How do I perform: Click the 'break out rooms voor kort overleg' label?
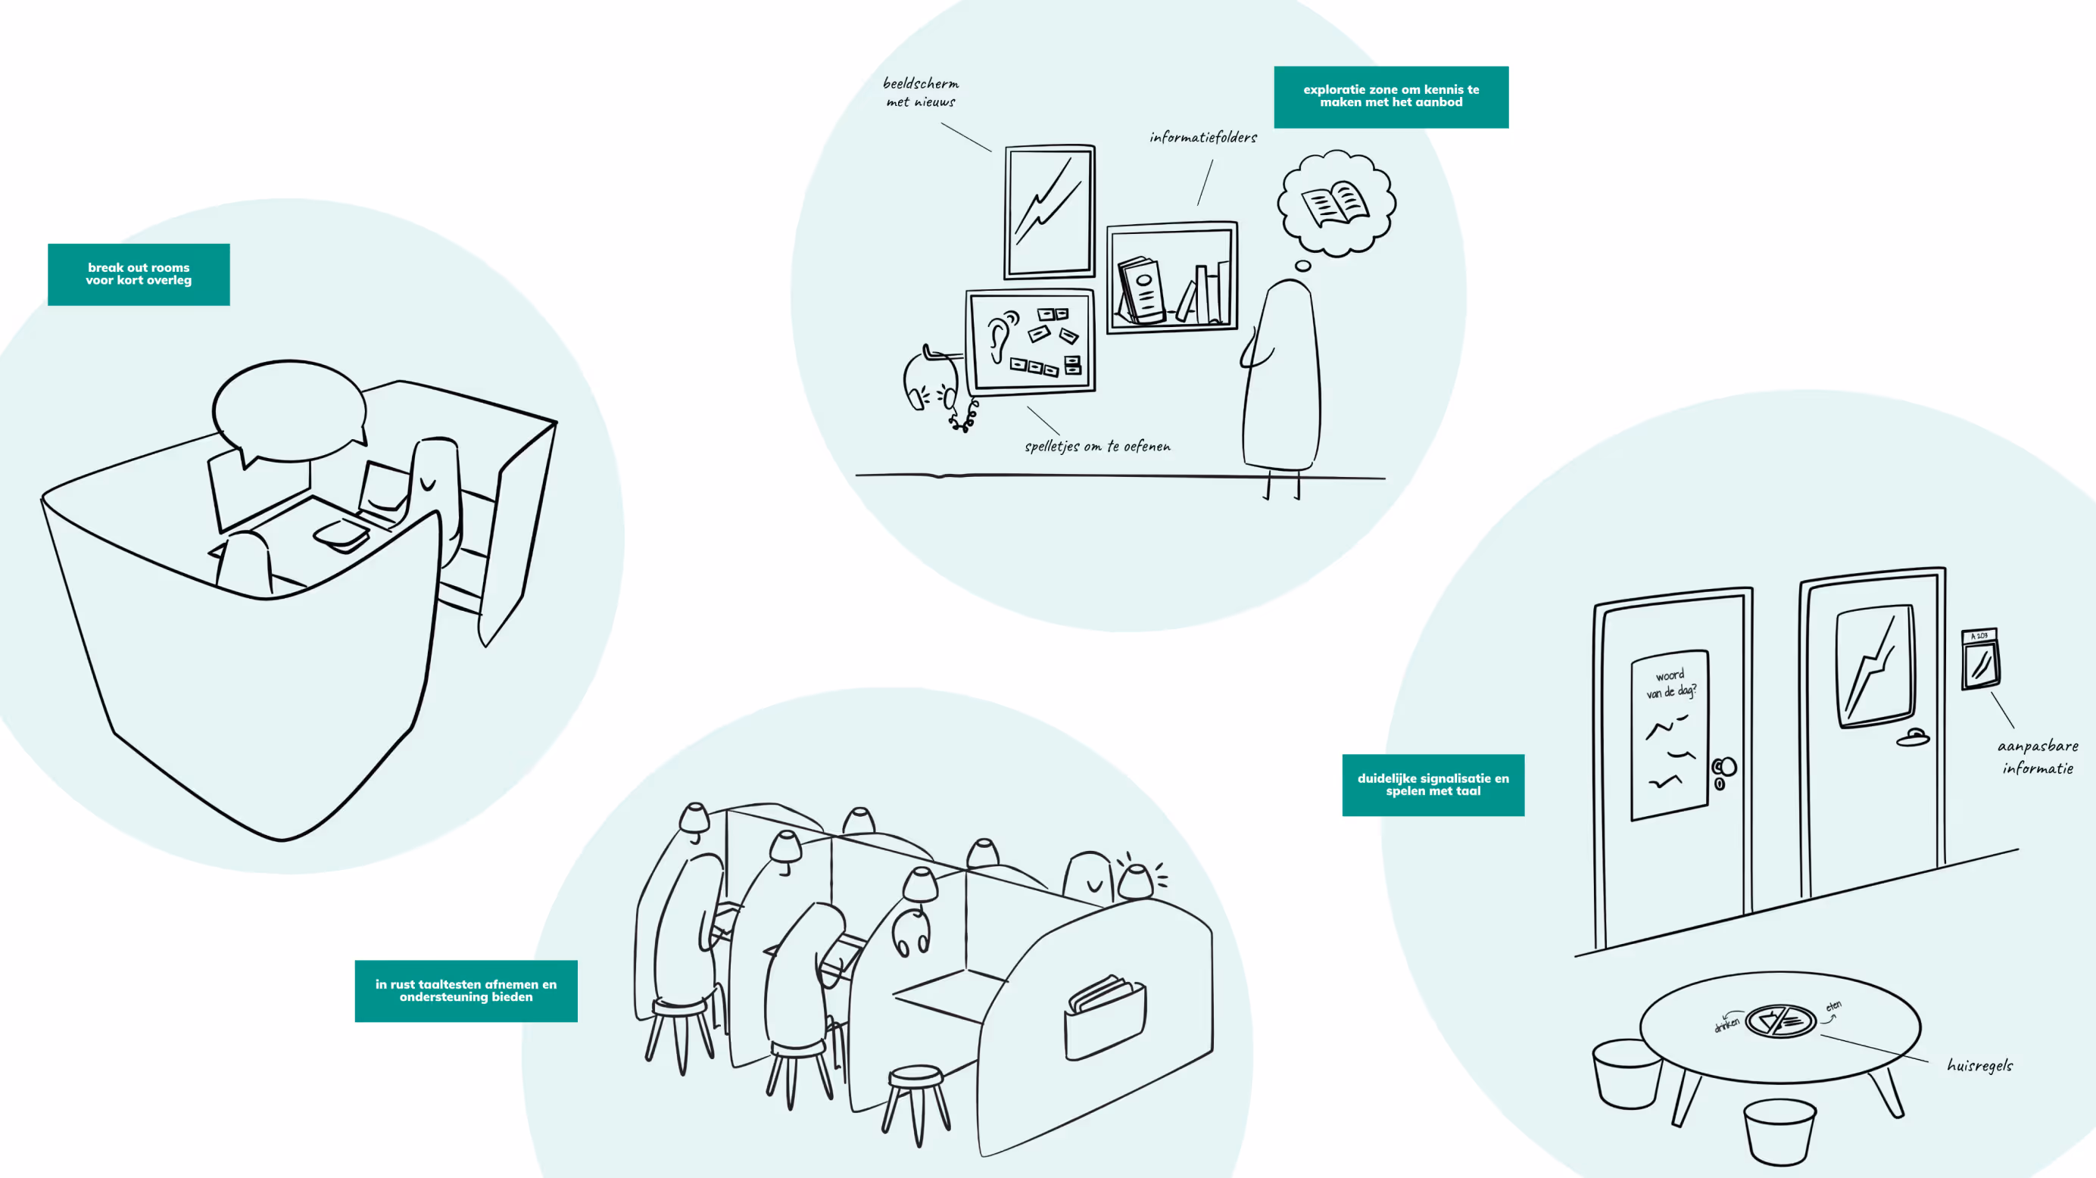(x=139, y=274)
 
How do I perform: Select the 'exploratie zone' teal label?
(x=1390, y=96)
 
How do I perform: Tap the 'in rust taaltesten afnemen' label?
(x=466, y=990)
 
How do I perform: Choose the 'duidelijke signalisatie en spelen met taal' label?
(x=1432, y=784)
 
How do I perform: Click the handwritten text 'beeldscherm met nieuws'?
(x=920, y=92)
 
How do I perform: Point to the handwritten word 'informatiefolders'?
(x=1202, y=138)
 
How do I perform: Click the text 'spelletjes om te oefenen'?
(x=1096, y=446)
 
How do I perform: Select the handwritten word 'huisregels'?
(x=1979, y=1065)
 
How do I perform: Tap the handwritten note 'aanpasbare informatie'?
(x=2037, y=756)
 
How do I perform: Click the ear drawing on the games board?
(x=1000, y=335)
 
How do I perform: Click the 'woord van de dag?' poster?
(x=1669, y=734)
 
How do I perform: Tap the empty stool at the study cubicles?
(x=916, y=1099)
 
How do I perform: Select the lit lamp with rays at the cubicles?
(x=1136, y=880)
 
